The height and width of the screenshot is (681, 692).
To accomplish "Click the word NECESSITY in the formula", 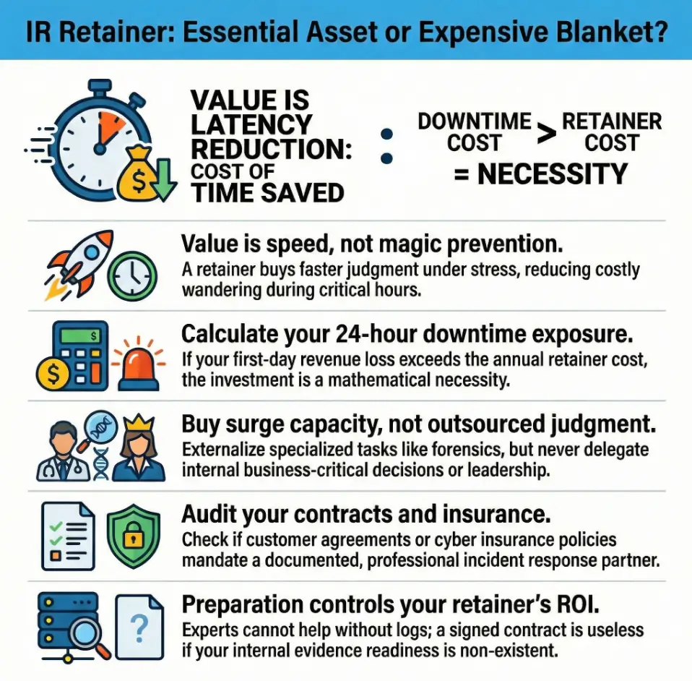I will [552, 174].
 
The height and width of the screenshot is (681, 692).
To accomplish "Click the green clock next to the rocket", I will [132, 277].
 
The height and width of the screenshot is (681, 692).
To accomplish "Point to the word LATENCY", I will [251, 124].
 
